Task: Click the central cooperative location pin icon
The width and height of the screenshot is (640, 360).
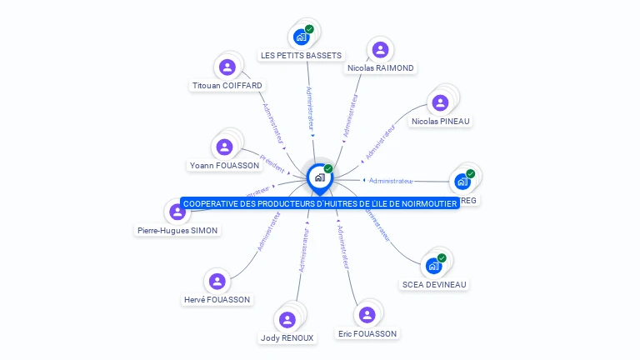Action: (319, 177)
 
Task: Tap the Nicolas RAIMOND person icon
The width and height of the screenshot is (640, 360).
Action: (380, 49)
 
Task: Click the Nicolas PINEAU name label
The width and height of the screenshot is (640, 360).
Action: (441, 121)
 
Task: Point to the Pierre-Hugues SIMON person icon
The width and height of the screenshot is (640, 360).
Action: (177, 212)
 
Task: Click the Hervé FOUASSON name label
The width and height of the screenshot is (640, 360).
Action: (217, 299)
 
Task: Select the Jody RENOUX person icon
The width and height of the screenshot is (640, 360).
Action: (287, 319)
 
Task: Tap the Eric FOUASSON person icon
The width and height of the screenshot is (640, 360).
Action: (367, 314)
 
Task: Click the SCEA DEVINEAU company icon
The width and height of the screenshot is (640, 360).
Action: (433, 266)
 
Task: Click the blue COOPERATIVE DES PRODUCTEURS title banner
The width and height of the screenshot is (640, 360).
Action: (320, 203)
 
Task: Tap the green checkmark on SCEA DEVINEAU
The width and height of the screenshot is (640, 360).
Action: (442, 257)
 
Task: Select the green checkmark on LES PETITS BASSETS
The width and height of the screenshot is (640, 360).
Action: (309, 29)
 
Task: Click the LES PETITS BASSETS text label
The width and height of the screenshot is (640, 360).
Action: (301, 55)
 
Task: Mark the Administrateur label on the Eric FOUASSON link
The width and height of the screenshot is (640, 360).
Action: (342, 245)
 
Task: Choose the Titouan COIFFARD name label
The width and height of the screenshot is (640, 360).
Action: (227, 85)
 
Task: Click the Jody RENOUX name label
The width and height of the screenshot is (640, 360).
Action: (287, 337)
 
